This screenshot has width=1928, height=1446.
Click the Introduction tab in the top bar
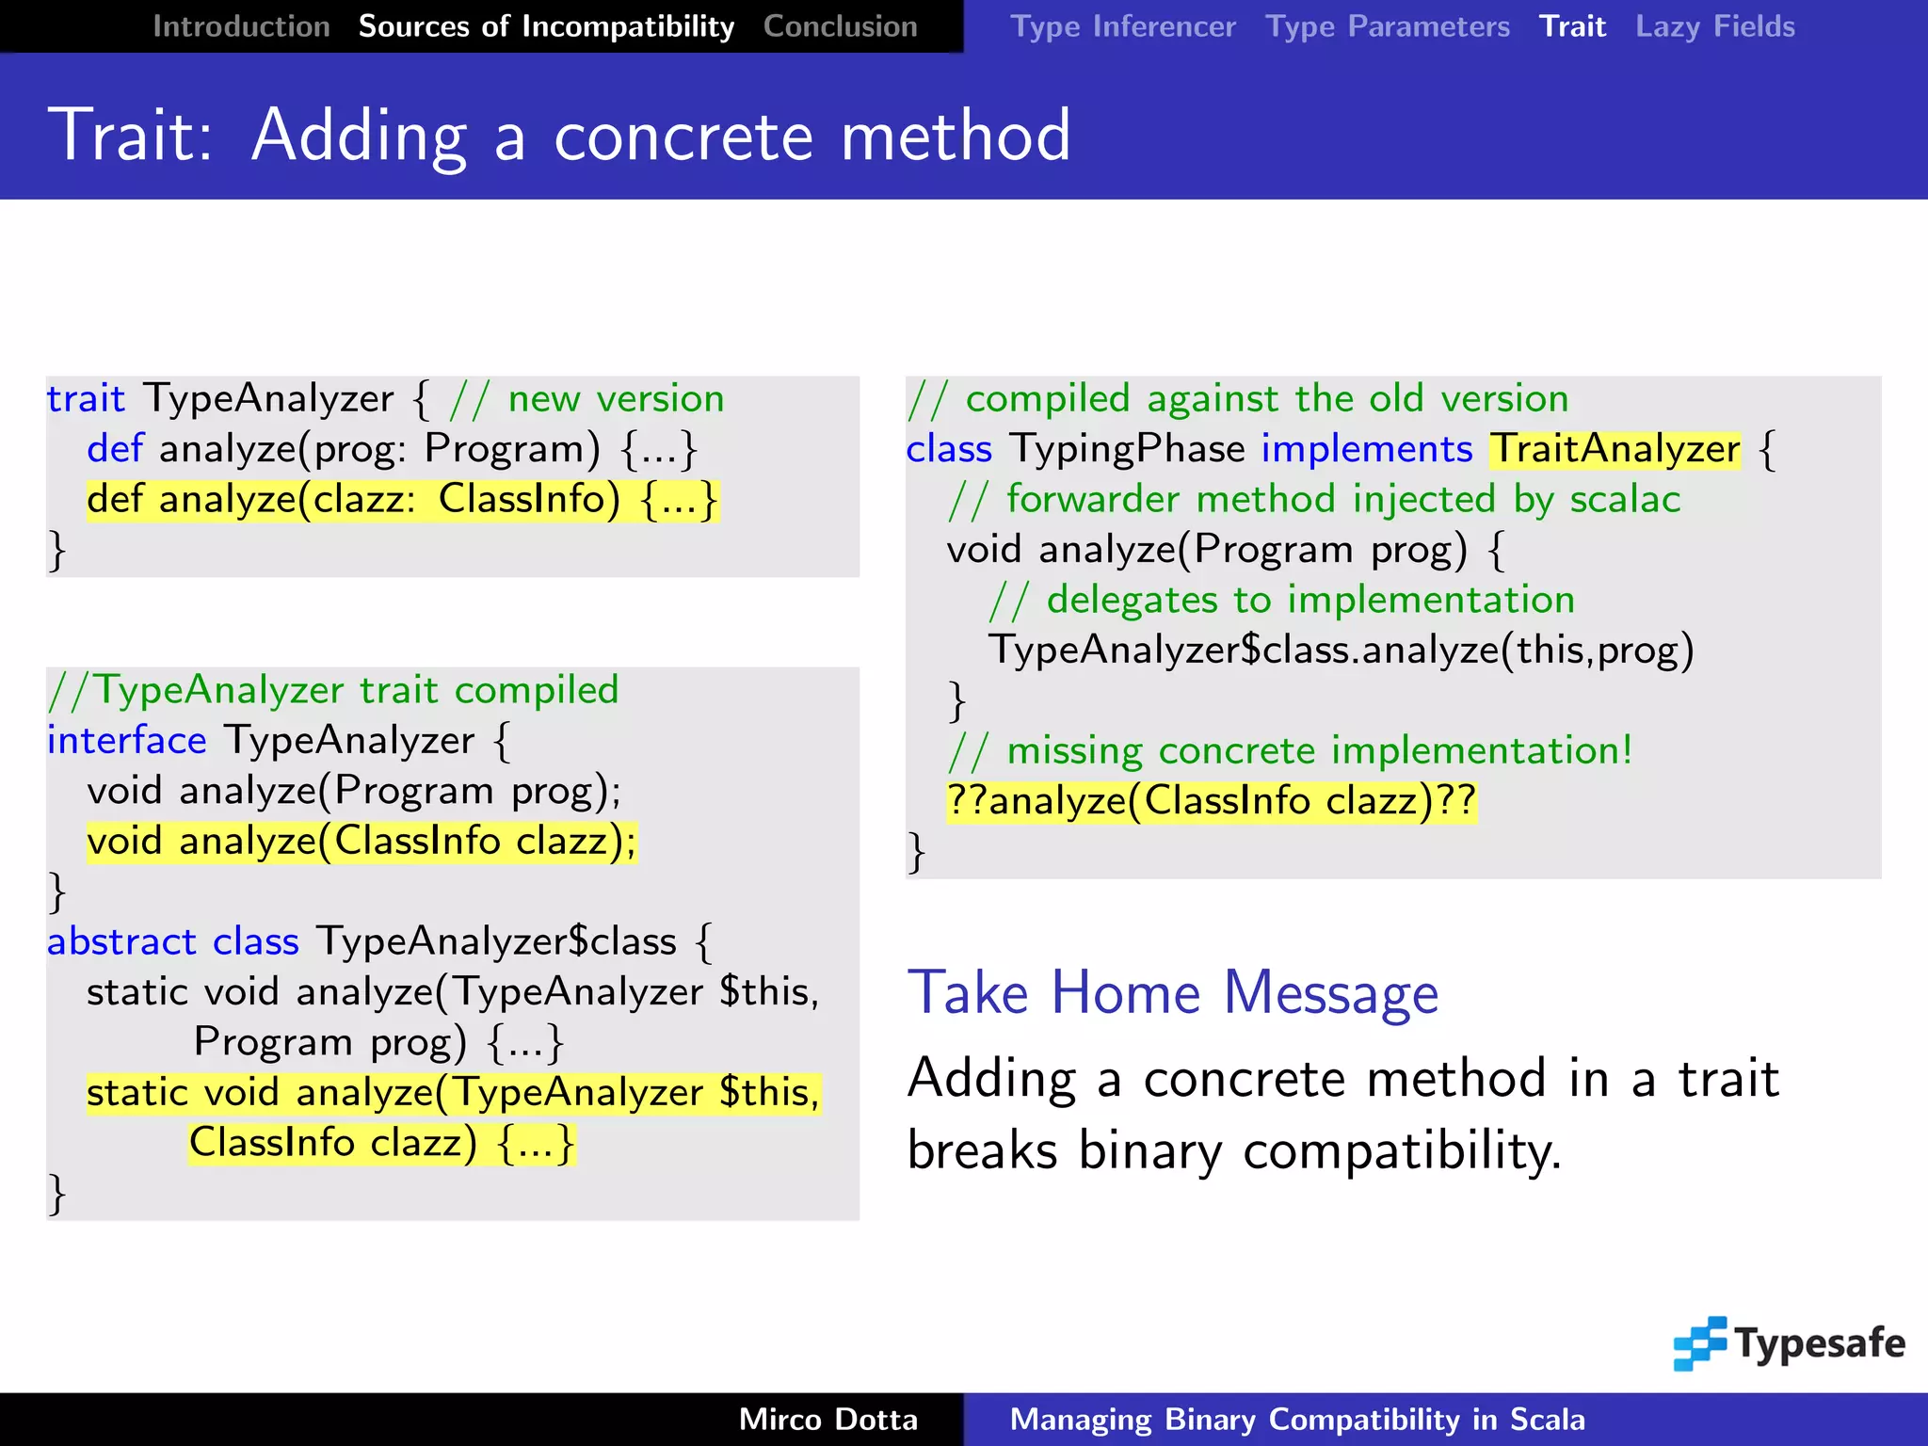pos(241,26)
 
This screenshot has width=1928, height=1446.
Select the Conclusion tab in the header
pos(840,26)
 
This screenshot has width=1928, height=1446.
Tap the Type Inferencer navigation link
pos(1122,26)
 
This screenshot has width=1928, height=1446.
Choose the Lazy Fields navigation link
pos(1714,26)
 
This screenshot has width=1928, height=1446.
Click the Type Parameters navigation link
pos(1387,26)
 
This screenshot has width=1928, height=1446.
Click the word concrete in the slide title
pos(683,137)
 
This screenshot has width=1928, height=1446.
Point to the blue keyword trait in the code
pos(86,399)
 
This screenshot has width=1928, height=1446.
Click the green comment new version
pos(616,399)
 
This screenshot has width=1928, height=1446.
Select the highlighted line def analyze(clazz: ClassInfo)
pos(402,500)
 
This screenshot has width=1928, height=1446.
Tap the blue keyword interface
pos(127,741)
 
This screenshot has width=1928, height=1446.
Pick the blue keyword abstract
pos(121,942)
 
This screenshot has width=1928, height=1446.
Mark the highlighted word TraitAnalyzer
pos(1615,449)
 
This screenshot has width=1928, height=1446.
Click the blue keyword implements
pos(1366,449)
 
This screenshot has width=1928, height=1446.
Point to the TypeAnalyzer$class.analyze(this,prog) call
pos(1341,651)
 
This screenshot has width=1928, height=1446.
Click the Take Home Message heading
pos(1173,993)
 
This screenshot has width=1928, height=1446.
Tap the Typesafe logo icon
pos(1699,1343)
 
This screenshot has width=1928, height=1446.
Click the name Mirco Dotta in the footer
pos(827,1420)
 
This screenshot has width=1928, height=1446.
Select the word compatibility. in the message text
pos(1402,1151)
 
